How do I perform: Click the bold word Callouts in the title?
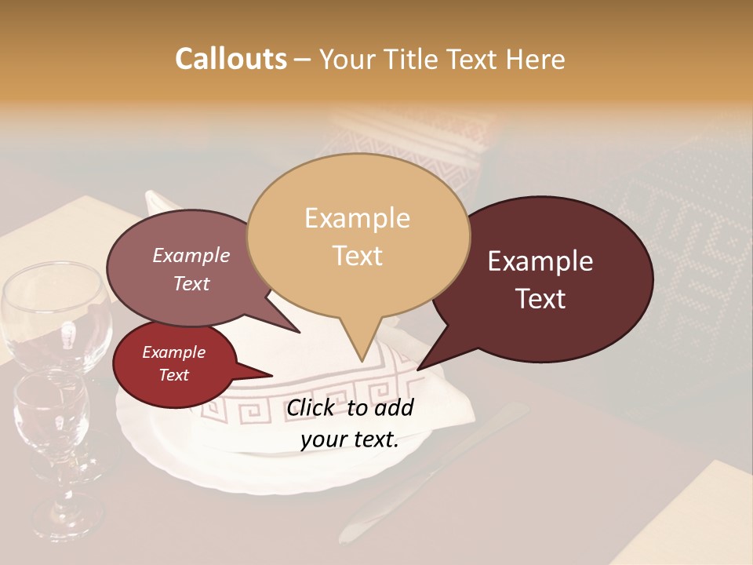(231, 59)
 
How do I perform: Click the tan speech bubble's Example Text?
(357, 236)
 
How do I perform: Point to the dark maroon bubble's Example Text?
(540, 279)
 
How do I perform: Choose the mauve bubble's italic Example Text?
(191, 269)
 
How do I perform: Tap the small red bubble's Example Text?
(173, 363)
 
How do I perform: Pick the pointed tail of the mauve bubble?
(290, 326)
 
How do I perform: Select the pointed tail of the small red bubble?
(263, 373)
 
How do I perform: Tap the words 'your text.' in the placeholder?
(350, 439)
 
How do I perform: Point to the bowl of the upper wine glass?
(55, 314)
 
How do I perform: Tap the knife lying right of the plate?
(439, 471)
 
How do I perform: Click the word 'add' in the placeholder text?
(395, 407)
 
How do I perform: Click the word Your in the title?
(349, 59)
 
